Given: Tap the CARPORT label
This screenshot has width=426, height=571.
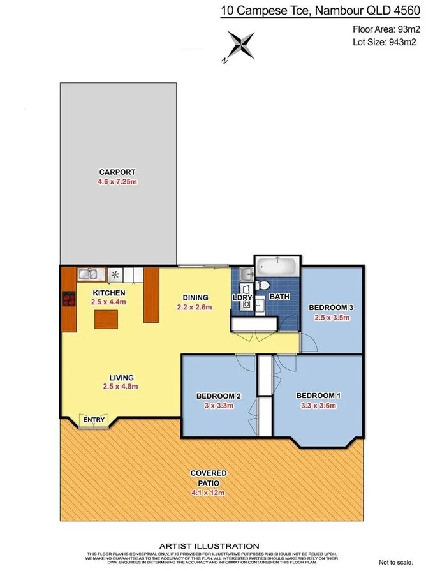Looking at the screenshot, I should click(117, 172).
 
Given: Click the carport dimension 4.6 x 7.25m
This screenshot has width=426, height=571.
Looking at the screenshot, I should click(117, 182).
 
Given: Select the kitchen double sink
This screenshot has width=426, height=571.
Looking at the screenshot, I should click(91, 275).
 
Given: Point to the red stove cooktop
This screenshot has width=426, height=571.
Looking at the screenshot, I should click(69, 300).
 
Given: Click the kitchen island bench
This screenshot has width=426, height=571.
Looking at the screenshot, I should click(106, 319).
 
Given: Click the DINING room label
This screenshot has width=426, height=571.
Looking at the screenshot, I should click(196, 297).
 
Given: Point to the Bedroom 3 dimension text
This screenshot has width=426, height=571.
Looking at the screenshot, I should click(331, 318).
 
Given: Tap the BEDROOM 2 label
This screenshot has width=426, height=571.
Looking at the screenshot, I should click(218, 396).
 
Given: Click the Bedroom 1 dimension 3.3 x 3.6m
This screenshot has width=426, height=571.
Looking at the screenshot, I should click(318, 406).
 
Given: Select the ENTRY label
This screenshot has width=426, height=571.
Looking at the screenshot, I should click(94, 419).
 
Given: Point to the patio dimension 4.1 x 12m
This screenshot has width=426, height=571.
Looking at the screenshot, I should click(209, 493).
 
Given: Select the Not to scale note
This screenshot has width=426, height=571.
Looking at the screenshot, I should click(398, 562).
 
